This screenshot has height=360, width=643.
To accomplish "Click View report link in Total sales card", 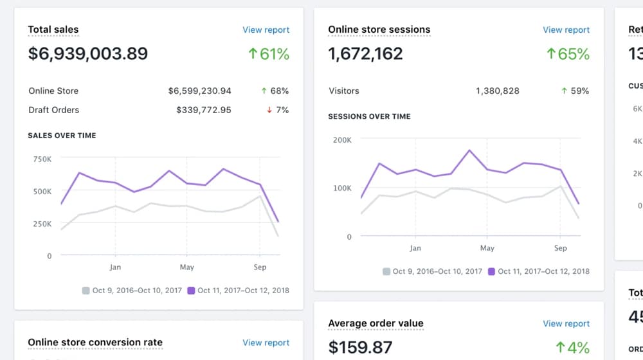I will [266, 30].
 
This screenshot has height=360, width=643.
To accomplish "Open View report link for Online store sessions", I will [566, 30].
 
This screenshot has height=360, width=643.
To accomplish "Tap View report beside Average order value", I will [566, 323].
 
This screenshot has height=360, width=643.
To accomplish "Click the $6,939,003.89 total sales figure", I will [88, 53].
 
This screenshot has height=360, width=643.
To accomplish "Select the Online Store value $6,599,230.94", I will [199, 91].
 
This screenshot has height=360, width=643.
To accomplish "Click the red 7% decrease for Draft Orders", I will [278, 110].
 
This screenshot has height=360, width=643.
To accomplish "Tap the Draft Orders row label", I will [54, 110].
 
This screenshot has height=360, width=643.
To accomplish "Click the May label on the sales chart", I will [187, 267].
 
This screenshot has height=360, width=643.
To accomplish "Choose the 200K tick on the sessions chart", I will [341, 139].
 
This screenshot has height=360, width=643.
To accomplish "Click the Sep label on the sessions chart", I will [561, 248].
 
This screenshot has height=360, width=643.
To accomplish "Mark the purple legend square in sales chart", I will [191, 291].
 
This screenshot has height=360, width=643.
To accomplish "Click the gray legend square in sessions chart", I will [386, 271].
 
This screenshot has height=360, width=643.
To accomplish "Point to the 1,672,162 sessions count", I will [365, 53].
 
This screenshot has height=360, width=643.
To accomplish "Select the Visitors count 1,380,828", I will [497, 91].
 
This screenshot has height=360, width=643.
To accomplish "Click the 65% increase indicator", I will [567, 54].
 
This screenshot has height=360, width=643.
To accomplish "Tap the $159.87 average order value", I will [360, 347].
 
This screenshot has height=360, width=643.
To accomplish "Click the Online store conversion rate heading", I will [95, 342].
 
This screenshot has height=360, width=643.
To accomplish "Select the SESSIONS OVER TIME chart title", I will [369, 116].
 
